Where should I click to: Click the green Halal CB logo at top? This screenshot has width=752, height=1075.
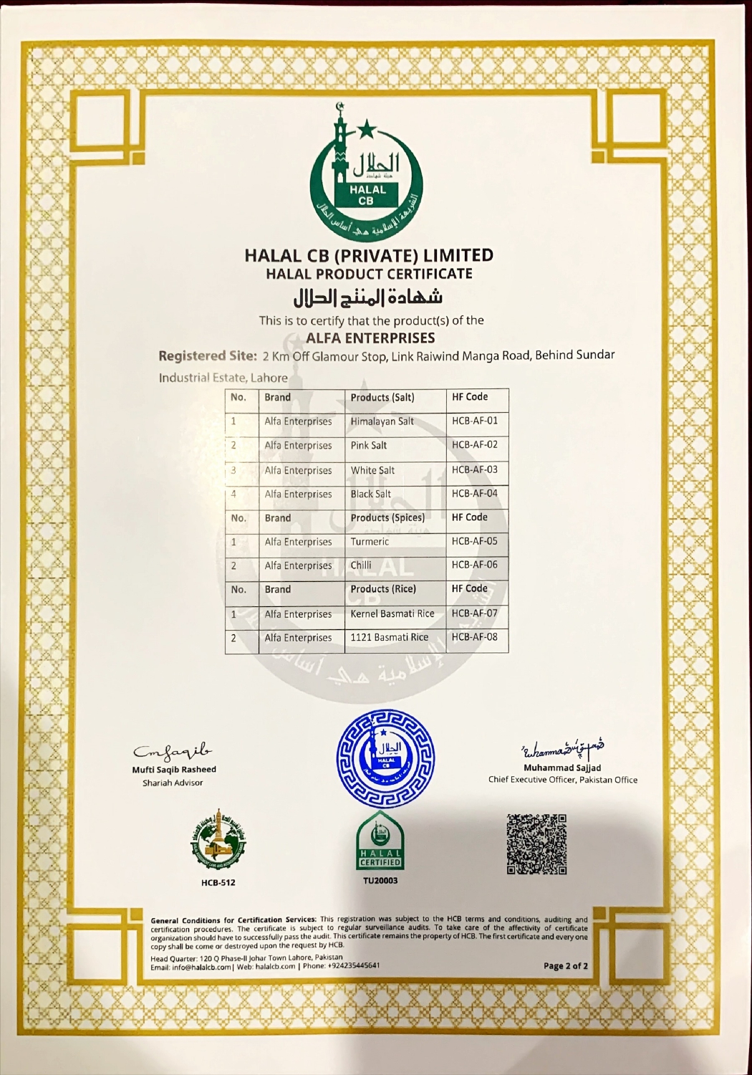coord(366,171)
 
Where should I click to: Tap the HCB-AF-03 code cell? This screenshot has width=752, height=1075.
coord(474,469)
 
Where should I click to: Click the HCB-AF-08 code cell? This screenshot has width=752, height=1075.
coord(474,636)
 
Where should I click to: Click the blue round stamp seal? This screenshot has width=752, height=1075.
coord(385,758)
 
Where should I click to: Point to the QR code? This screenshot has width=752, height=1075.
coord(536,844)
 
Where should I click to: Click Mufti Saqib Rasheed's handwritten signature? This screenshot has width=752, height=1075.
coord(173,751)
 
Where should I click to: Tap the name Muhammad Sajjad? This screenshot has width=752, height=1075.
coord(562,768)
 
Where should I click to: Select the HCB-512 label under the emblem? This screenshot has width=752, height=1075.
coord(218,882)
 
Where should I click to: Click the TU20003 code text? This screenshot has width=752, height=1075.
coord(380,880)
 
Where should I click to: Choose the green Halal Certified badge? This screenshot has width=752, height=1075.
coord(380,842)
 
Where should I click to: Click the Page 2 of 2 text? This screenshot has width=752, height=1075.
coord(565,965)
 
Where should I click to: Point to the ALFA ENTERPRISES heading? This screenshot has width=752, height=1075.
coord(370,338)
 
